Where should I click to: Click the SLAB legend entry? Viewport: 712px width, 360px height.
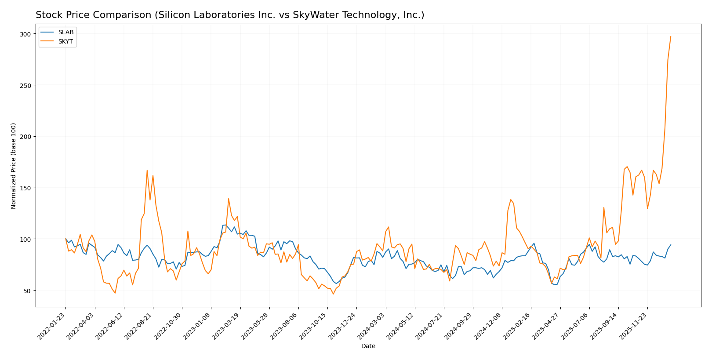point(65,33)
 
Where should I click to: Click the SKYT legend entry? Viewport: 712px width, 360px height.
point(65,41)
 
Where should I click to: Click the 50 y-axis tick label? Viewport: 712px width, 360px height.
point(27,291)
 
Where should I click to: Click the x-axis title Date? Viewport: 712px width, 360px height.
point(368,346)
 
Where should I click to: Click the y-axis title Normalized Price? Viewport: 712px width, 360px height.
point(14,166)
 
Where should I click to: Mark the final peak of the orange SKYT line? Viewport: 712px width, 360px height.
point(671,36)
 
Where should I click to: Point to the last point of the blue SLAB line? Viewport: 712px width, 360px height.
point(671,245)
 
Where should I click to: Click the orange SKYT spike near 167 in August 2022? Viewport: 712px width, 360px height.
point(147,170)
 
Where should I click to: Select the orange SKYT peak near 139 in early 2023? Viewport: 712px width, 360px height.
point(229,199)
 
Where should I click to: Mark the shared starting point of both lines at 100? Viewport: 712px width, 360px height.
point(65,239)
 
